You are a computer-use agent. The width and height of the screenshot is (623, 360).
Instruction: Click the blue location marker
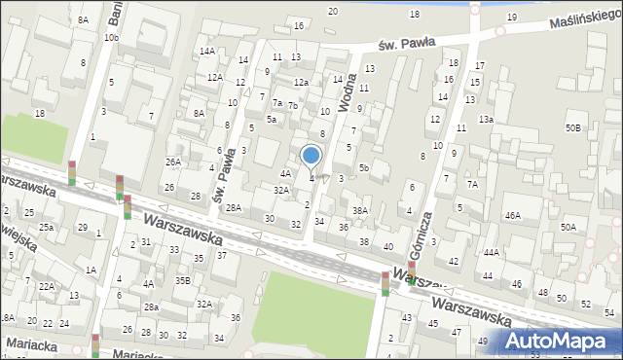click(311, 156)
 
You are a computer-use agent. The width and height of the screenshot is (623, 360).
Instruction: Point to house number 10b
click(112, 37)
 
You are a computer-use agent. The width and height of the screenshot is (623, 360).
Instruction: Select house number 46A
click(513, 215)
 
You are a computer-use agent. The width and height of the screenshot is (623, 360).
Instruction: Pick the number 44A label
click(491, 252)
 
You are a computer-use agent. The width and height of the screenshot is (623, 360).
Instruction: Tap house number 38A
click(360, 210)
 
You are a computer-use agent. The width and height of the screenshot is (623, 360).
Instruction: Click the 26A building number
click(173, 162)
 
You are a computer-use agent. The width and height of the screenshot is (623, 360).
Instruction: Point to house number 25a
click(47, 227)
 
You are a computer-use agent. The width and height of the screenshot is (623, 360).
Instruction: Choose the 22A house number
click(47, 286)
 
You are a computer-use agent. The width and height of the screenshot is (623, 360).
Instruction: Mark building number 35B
click(182, 280)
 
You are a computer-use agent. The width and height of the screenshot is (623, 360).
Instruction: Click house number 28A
click(234, 207)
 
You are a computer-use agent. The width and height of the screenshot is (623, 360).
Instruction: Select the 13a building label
click(486, 119)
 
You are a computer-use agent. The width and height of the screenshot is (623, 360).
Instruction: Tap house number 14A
click(206, 51)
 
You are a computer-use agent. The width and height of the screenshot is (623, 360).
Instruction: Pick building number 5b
click(363, 167)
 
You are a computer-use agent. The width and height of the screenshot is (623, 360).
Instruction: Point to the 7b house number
click(292, 105)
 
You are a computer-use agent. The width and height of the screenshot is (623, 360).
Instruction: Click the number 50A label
click(568, 227)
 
